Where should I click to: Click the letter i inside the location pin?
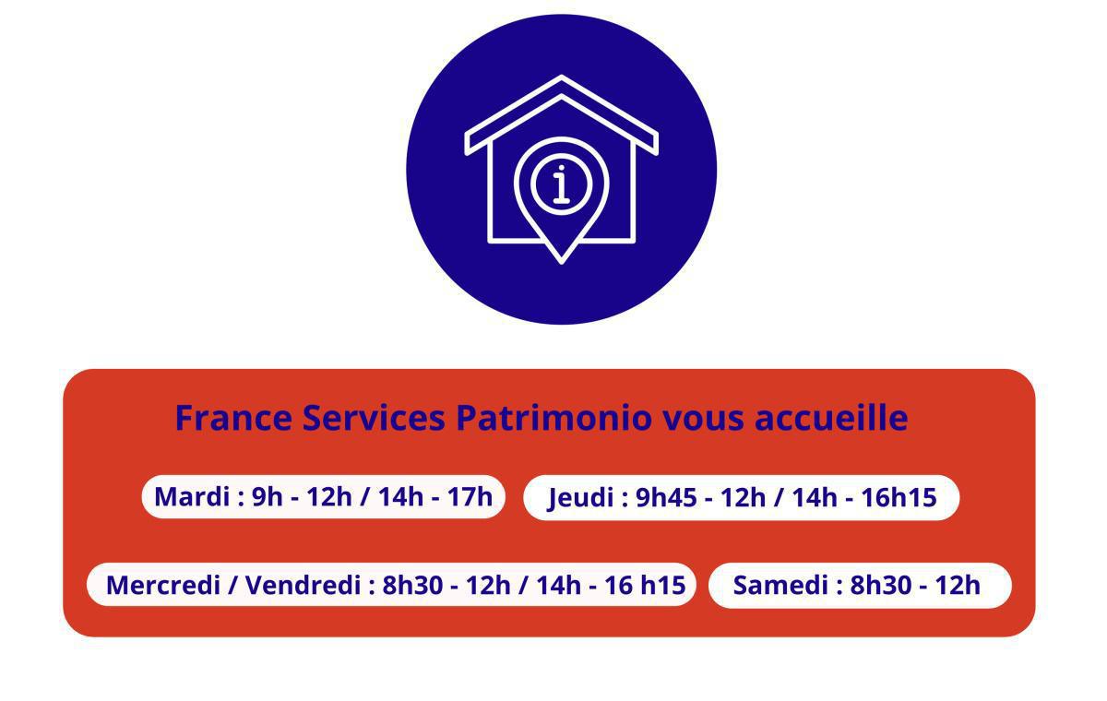(561, 184)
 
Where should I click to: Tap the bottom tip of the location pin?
(561, 261)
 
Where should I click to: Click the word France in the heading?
(234, 418)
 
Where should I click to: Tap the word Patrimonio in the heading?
(553, 418)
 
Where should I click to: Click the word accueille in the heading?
(831, 418)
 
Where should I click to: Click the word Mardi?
(192, 496)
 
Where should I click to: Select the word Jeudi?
(580, 498)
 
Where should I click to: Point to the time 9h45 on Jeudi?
(666, 498)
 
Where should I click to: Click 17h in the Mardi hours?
(470, 496)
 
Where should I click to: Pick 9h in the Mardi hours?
(267, 496)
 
